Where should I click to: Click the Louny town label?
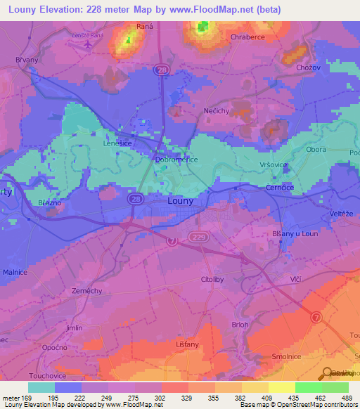click(181, 200)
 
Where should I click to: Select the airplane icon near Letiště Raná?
click(87, 42)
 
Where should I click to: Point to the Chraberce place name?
click(247, 37)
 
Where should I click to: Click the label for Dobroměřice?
click(176, 160)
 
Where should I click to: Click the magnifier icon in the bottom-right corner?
click(328, 372)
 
